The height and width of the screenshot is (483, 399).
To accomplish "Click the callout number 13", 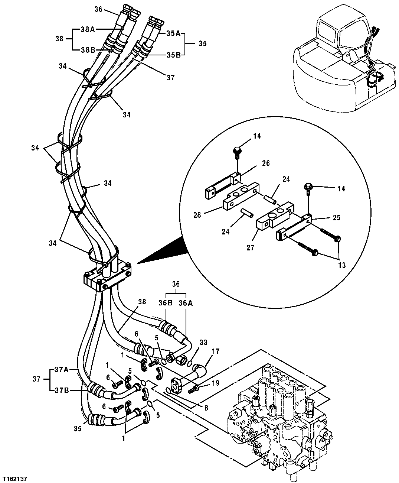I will coord(341,265).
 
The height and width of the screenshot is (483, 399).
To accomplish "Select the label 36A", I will coord(186,303).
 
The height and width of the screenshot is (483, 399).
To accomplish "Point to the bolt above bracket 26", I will coord(236,152).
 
